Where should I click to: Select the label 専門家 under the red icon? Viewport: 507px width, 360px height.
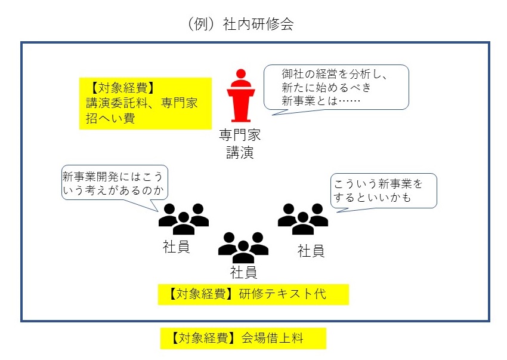click(x=239, y=135)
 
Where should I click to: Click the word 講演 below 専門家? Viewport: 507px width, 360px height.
click(x=239, y=152)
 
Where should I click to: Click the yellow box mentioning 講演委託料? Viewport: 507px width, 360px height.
click(x=146, y=103)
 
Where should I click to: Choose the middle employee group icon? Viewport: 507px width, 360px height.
click(x=243, y=247)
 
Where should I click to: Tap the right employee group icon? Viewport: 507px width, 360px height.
click(x=302, y=219)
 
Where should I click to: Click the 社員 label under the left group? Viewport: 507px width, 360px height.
click(x=176, y=247)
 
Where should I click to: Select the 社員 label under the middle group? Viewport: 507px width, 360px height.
click(x=243, y=273)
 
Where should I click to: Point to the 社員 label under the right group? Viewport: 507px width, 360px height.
click(x=311, y=250)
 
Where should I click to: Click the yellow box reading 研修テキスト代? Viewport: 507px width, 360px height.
click(x=253, y=294)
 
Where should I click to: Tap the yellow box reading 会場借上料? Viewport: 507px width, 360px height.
click(x=243, y=338)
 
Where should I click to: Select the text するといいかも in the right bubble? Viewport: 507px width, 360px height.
click(x=373, y=197)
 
